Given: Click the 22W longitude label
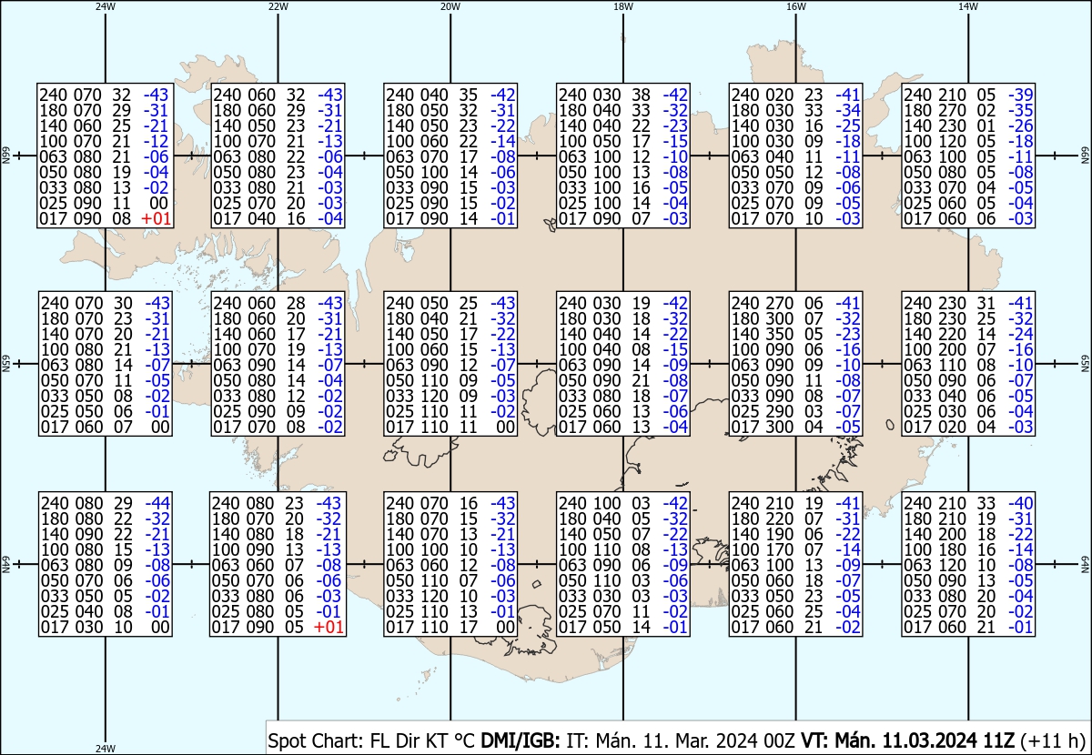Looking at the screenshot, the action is tap(278, 6).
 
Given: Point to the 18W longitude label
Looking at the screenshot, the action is tap(623, 6).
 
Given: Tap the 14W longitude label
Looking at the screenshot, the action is tap(968, 6).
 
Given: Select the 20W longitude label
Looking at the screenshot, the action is tap(450, 6).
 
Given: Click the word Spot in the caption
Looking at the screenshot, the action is tap(287, 740).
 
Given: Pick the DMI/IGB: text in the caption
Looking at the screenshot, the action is tap(521, 740).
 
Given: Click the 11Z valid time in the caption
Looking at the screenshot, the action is tap(997, 740).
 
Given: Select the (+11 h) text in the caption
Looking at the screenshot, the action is tap(1053, 740).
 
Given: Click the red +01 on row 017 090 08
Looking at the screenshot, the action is tap(156, 219).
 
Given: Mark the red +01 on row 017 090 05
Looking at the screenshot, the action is tap(329, 627).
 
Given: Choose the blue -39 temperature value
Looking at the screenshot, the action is tap(1020, 95).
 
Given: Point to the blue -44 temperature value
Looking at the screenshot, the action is tap(157, 503).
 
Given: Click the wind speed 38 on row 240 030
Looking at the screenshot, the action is tap(642, 95).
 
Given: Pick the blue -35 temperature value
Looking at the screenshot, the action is tap(1020, 110).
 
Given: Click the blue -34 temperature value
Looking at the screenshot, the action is tap(848, 110).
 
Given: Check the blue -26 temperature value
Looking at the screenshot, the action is tap(1020, 126).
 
